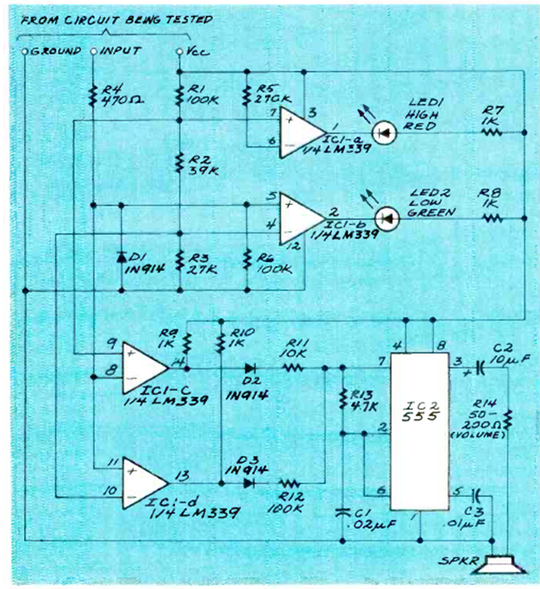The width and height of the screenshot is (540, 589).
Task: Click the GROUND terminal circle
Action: (25, 52)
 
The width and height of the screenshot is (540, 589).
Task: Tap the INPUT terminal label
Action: (121, 51)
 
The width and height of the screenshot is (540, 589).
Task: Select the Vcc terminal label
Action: (193, 51)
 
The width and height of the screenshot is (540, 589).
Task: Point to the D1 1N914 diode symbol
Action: (121, 257)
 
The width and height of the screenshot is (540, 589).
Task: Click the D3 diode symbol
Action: (249, 483)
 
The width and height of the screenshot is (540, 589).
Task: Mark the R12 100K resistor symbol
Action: (291, 483)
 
